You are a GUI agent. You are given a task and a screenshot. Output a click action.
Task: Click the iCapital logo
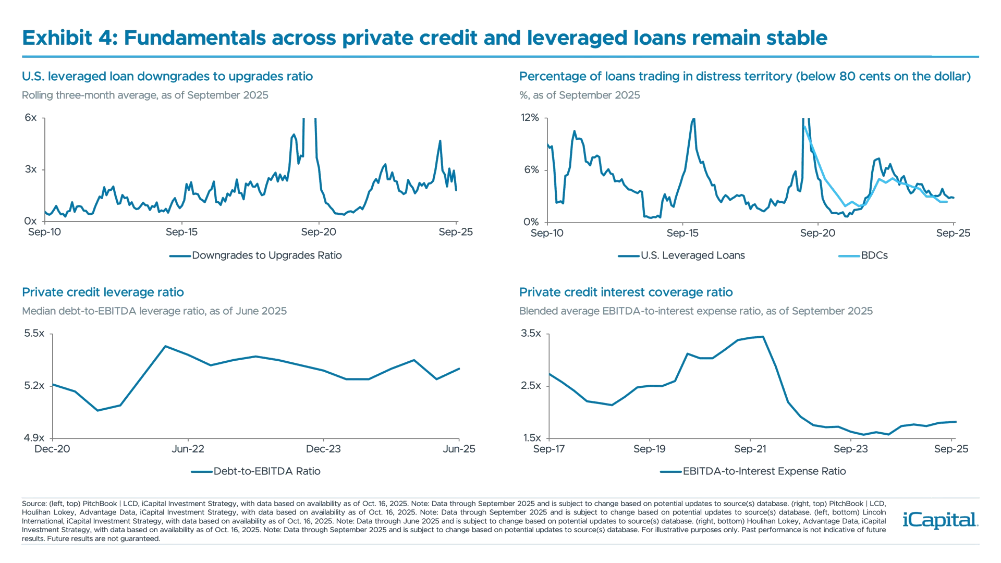tap(938, 520)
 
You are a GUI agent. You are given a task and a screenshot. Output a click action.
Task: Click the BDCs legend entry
tap(874, 255)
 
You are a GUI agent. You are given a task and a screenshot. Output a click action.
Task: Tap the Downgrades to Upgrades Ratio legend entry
tap(266, 255)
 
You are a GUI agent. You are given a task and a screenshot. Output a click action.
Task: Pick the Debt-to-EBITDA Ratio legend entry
tap(266, 471)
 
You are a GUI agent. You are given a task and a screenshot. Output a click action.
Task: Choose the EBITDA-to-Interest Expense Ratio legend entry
tap(764, 471)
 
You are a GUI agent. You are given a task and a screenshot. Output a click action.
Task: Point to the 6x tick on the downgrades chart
tap(31, 117)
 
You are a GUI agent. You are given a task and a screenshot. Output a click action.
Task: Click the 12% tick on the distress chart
tap(530, 117)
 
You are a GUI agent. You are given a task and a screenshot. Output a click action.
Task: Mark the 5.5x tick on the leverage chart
tap(34, 333)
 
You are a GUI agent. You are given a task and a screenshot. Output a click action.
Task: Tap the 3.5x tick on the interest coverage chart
tap(531, 333)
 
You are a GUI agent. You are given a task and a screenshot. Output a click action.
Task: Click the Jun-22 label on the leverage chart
tap(188, 449)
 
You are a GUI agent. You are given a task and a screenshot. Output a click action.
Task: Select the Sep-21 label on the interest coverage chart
tap(750, 449)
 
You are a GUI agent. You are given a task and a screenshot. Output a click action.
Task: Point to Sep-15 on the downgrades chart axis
tap(181, 232)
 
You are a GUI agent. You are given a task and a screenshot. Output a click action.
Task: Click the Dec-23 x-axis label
tap(323, 449)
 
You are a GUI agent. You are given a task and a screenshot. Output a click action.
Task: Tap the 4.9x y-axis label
tap(34, 438)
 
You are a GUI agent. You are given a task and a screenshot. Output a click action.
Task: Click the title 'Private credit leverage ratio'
tap(103, 292)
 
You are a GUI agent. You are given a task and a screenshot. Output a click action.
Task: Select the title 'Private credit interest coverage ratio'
tap(626, 292)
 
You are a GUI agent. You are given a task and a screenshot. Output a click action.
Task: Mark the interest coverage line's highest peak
tap(763, 337)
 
